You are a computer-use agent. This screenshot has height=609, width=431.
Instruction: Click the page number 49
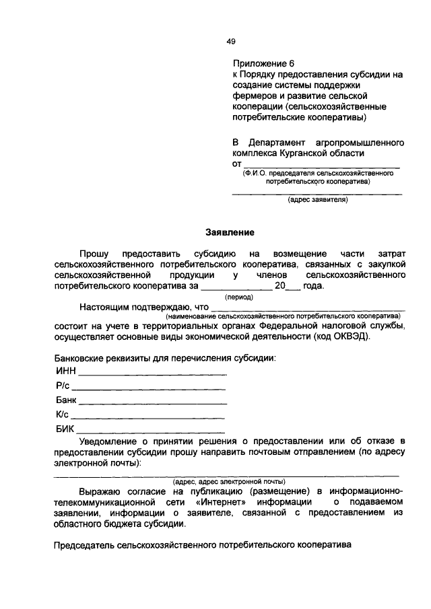(x=230, y=41)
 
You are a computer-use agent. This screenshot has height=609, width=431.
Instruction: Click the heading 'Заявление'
(x=230, y=233)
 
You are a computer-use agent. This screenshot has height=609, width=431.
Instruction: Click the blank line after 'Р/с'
(x=148, y=388)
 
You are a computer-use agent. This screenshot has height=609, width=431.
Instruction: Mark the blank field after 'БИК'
(x=151, y=431)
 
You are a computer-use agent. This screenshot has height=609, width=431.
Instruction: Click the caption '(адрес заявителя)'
(x=317, y=200)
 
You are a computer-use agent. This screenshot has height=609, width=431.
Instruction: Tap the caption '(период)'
(x=238, y=296)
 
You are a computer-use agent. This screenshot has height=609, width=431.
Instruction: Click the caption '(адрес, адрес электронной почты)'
(x=229, y=482)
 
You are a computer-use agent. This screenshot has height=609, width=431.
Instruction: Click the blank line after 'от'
(x=321, y=164)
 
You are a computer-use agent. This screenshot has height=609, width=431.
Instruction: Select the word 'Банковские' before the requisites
(x=80, y=357)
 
